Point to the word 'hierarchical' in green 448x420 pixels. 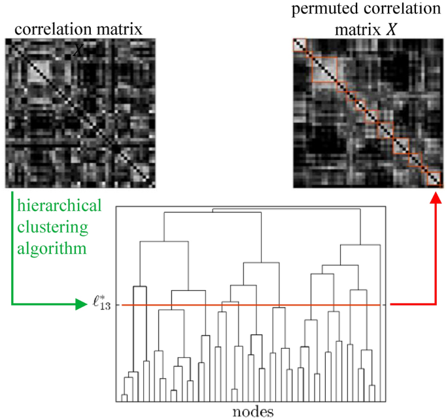click(60, 206)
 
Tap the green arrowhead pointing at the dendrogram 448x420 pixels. click(82, 305)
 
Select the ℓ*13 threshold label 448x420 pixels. click(103, 305)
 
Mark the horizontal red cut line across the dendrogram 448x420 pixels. click(249, 305)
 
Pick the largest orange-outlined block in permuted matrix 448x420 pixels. click(324, 69)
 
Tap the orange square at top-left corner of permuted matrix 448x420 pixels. click(300, 46)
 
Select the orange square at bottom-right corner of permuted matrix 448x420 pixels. click(434, 180)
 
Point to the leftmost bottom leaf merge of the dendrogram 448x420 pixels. click(124, 396)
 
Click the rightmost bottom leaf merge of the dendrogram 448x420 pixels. click(372, 385)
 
